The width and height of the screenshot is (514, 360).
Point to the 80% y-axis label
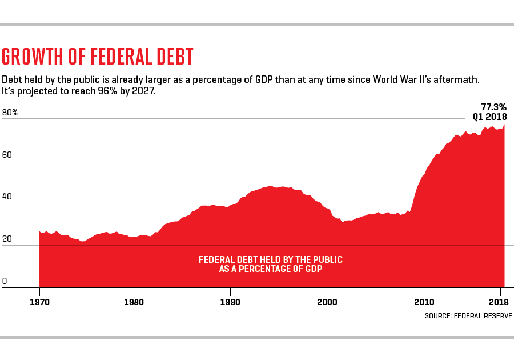(10, 113)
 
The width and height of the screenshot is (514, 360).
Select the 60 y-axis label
(7, 155)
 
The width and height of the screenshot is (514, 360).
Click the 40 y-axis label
(7, 197)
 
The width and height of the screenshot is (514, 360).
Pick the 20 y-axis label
(7, 239)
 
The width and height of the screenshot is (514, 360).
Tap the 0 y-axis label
(5, 281)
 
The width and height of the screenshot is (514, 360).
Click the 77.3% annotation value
(493, 106)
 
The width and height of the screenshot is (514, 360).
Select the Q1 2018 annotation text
(489, 117)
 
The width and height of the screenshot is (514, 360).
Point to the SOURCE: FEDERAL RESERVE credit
(468, 315)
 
